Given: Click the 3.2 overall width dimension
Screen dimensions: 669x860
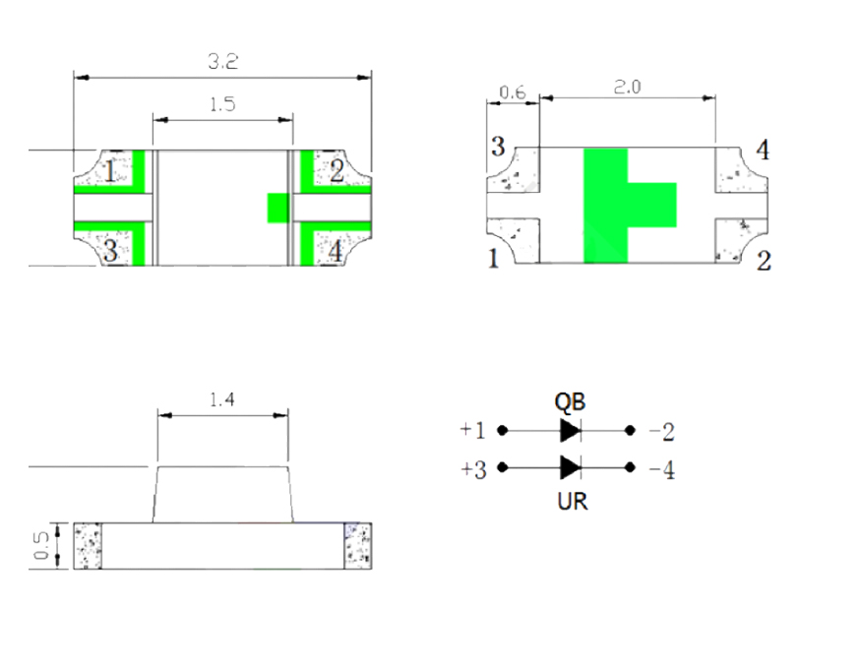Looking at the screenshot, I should click(222, 61).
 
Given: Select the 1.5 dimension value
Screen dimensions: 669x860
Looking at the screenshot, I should click(222, 104).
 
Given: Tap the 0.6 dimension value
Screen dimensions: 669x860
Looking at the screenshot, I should click(513, 93).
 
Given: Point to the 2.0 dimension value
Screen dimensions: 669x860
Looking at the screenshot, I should click(627, 87).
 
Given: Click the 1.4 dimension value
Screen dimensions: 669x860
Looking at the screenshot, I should click(221, 400).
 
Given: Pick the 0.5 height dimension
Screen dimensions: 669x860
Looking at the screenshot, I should click(42, 546).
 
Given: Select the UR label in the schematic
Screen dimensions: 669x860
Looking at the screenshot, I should click(572, 502).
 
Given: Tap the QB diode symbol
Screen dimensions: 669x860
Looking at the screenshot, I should click(569, 431).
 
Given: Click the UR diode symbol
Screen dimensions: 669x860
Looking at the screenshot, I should click(569, 467).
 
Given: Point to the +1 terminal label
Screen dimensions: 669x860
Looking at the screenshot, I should click(473, 431).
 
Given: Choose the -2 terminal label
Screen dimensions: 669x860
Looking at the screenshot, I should click(661, 432).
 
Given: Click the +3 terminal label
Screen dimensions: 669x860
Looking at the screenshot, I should click(473, 470).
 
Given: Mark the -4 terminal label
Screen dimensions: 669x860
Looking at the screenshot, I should click(662, 470).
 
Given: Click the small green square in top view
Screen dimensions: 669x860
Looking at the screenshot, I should click(278, 208).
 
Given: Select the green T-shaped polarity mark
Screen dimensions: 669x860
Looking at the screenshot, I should click(615, 206).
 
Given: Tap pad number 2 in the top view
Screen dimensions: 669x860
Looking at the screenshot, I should click(337, 172).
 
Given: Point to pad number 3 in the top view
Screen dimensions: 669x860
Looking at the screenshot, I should click(110, 251).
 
